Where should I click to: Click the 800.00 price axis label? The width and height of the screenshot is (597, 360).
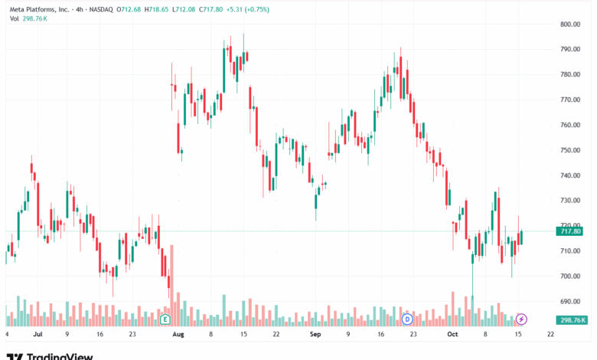(570, 24)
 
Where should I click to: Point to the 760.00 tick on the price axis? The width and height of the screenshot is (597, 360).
(570, 125)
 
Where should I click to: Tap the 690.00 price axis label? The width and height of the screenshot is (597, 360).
(570, 301)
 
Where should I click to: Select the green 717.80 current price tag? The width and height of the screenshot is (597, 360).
(569, 231)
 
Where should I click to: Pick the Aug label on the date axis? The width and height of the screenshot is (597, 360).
(178, 334)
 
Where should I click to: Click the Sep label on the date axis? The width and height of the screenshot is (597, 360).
(315, 334)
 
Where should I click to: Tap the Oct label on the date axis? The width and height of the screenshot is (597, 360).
(452, 334)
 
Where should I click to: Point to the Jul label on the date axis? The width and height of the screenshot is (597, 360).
(38, 334)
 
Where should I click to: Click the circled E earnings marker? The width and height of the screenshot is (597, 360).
(165, 319)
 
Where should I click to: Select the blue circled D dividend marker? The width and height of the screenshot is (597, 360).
(407, 319)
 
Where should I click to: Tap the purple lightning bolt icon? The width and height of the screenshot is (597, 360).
(521, 319)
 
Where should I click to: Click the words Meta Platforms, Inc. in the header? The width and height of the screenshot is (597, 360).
(39, 9)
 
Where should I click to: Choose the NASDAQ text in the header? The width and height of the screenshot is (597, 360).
(101, 9)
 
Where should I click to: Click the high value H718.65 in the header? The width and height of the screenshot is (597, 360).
(156, 9)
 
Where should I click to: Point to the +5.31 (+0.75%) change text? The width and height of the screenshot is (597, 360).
(247, 9)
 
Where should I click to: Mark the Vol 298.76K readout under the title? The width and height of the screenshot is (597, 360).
(28, 18)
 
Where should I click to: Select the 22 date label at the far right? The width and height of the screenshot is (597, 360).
(550, 334)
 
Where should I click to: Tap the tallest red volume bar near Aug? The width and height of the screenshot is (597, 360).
(171, 286)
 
